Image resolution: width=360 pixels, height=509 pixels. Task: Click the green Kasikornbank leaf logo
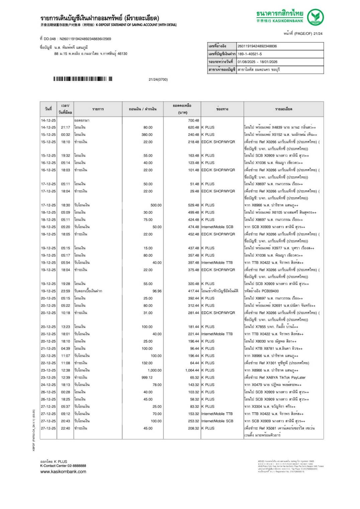(x=315, y=17)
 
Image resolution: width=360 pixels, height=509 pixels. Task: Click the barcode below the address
(x=83, y=79)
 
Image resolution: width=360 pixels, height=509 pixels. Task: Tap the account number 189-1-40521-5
(x=250, y=54)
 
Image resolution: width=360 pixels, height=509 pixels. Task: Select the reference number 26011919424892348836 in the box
(x=257, y=46)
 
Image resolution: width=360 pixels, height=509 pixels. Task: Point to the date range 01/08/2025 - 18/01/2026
(x=257, y=62)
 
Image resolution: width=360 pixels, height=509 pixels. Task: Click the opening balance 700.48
(x=193, y=120)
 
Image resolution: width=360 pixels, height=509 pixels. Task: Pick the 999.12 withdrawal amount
(x=147, y=378)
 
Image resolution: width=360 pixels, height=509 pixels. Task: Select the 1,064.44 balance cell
(x=192, y=370)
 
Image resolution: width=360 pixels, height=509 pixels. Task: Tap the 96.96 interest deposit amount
(x=157, y=291)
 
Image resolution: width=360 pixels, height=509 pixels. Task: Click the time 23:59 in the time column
(x=66, y=291)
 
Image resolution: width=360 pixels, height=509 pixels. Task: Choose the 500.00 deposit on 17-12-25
(x=156, y=205)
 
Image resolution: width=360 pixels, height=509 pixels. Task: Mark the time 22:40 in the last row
(x=66, y=428)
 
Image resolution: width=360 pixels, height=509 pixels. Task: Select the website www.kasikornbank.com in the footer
(x=63, y=472)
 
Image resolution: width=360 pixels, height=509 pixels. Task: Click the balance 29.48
(x=194, y=191)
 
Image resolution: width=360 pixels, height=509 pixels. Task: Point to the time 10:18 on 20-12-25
(x=66, y=313)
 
